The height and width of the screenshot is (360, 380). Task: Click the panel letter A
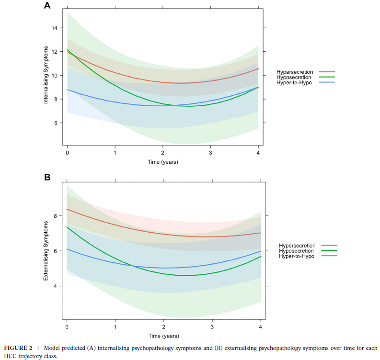[x=47, y=6]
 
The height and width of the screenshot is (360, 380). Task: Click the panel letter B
[x=47, y=177]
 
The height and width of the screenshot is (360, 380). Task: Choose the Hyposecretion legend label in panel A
[x=294, y=77]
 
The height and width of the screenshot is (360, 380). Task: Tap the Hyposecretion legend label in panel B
[x=296, y=250]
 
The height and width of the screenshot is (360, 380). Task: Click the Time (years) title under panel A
[x=163, y=162]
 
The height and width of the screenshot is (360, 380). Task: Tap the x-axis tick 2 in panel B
[x=163, y=326]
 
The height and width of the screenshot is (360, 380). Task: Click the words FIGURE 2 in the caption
[x=17, y=348]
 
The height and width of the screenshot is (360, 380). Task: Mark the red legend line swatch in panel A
[x=326, y=72]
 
